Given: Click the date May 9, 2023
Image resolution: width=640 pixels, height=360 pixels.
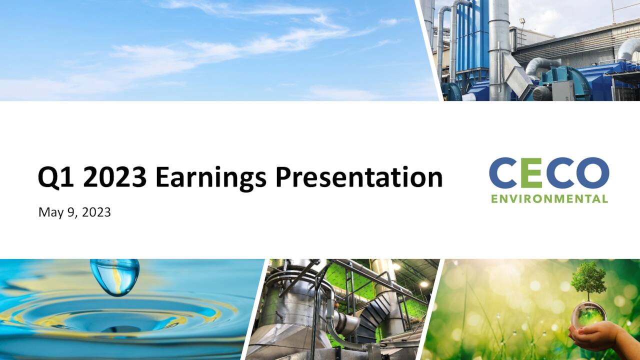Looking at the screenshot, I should click(74, 212).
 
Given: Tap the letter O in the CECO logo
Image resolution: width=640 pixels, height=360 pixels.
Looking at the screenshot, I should click(592, 173).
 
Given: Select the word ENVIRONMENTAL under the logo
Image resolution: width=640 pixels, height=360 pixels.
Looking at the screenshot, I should click(549, 199).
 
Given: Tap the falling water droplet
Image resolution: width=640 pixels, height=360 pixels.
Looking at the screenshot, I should click(115, 276).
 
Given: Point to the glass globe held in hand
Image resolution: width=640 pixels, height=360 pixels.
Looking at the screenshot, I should click(589, 314).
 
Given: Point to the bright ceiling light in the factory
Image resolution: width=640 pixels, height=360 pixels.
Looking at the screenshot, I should click(424, 283).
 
